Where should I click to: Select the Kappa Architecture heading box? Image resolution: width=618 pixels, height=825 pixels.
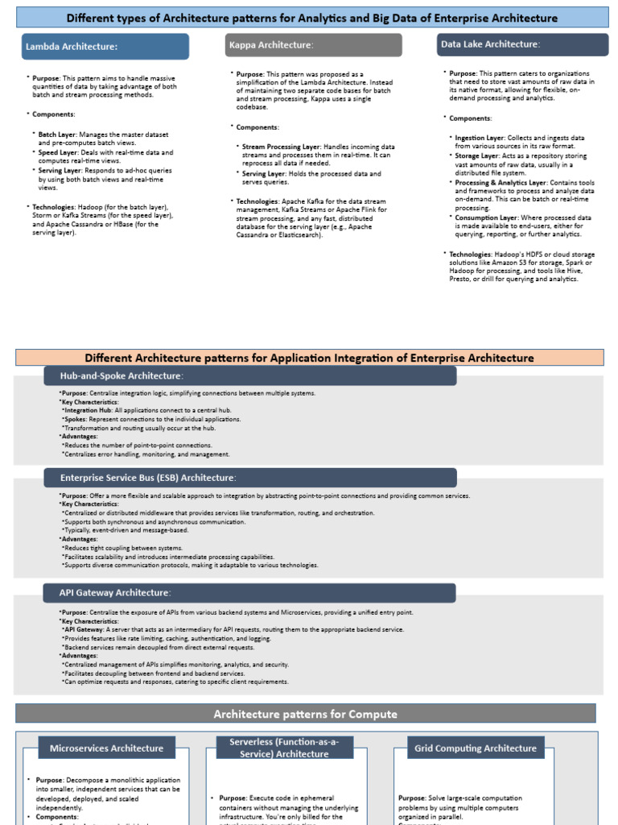tap(312, 45)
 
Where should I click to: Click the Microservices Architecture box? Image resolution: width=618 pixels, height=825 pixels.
tap(106, 748)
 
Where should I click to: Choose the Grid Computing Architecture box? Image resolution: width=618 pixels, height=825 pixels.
tap(475, 748)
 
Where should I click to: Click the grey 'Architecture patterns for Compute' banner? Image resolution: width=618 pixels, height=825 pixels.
tap(305, 714)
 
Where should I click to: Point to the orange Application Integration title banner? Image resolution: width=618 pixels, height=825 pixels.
tap(309, 358)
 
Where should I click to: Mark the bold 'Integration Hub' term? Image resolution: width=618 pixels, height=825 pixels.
tap(87, 410)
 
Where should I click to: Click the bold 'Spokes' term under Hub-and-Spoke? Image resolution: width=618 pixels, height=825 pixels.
tap(76, 419)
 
